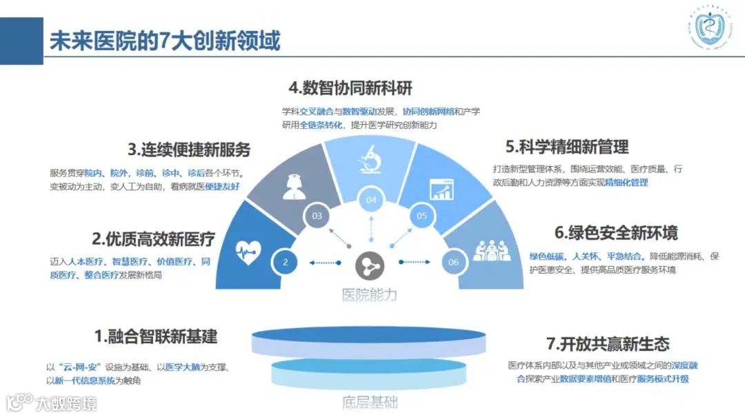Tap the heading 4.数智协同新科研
click(x=350, y=88)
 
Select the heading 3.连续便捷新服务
click(x=188, y=149)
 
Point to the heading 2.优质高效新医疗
click(x=154, y=239)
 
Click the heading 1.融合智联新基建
click(x=156, y=336)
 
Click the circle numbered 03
click(x=317, y=216)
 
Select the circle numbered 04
click(x=372, y=201)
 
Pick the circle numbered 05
click(x=422, y=216)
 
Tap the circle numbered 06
click(x=453, y=262)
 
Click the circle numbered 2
click(x=284, y=262)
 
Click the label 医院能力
click(x=370, y=294)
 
